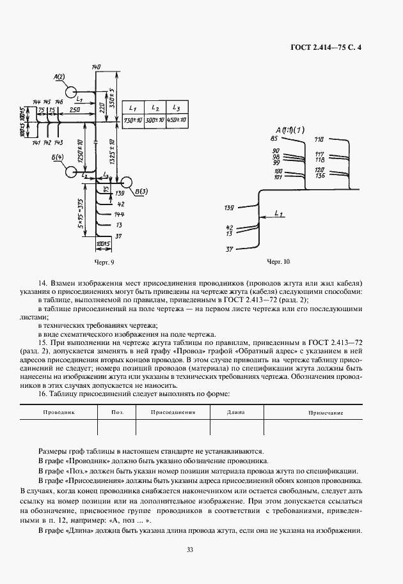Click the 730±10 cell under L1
[x=133, y=120]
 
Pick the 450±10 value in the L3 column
[x=177, y=120]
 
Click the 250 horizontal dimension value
[x=75, y=111]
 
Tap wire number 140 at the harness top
[x=96, y=67]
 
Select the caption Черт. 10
[x=278, y=262]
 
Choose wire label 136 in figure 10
[x=320, y=175]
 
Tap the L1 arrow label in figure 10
[x=277, y=211]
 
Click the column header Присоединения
[x=173, y=413]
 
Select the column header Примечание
[x=326, y=413]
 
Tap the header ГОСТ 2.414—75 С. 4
[x=326, y=46]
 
